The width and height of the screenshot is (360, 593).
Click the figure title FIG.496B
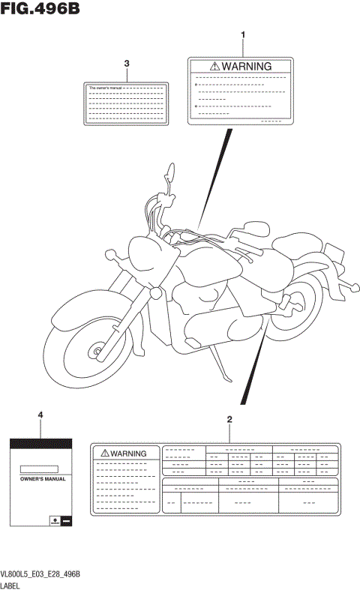click(40, 10)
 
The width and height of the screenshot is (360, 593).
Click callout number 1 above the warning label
click(241, 35)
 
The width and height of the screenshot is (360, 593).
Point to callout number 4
click(40, 415)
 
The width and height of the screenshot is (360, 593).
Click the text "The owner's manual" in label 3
click(104, 88)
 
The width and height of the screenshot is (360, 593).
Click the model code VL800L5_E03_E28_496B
click(40, 574)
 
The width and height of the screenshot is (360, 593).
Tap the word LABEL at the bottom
click(12, 586)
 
